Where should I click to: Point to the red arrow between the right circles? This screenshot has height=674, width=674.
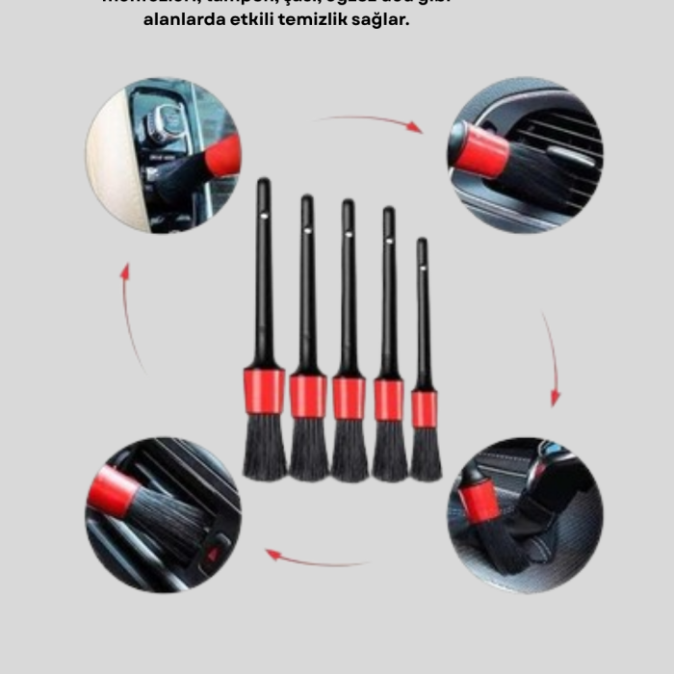[x=552, y=356]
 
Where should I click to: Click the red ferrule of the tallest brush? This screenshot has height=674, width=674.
[x=264, y=391]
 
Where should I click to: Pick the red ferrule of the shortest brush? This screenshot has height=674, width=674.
[x=424, y=409]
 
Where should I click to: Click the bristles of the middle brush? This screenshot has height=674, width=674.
[x=349, y=451]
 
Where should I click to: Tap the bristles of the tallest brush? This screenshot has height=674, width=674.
[x=264, y=448]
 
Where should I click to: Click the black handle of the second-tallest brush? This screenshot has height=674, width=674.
[x=307, y=289]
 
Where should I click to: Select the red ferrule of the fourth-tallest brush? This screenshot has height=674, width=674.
[x=389, y=400]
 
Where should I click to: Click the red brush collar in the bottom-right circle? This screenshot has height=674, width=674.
[x=480, y=502]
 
